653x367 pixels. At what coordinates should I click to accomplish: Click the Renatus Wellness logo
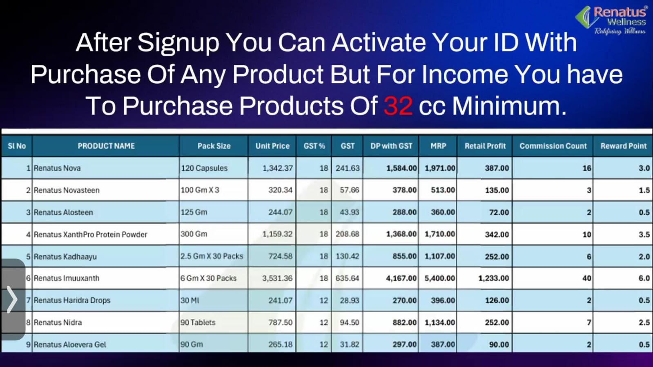[611, 20]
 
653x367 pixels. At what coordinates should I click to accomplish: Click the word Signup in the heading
[178, 43]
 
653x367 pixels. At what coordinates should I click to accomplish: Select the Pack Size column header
[214, 146]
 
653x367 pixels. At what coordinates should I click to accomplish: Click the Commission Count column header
[553, 146]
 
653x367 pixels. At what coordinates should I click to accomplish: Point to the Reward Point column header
[624, 146]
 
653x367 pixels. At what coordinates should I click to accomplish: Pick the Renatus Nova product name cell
[57, 168]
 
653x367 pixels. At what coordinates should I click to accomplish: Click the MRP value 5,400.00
[439, 278]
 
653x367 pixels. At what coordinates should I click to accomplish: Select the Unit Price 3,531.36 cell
[277, 278]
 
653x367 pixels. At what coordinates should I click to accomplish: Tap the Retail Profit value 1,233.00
[494, 278]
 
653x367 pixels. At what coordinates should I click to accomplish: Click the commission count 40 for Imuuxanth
[586, 278]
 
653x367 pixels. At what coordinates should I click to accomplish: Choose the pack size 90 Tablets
[198, 323]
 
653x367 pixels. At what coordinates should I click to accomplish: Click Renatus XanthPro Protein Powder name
[90, 234]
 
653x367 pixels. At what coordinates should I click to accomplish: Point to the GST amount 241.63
[348, 168]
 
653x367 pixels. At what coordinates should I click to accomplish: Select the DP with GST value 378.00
[404, 190]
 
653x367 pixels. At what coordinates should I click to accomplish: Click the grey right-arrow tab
[13, 299]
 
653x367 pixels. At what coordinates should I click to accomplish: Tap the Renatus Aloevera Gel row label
[70, 345]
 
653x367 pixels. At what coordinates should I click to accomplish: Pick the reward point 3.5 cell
[644, 234]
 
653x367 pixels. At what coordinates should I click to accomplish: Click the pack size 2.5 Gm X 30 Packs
[212, 256]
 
